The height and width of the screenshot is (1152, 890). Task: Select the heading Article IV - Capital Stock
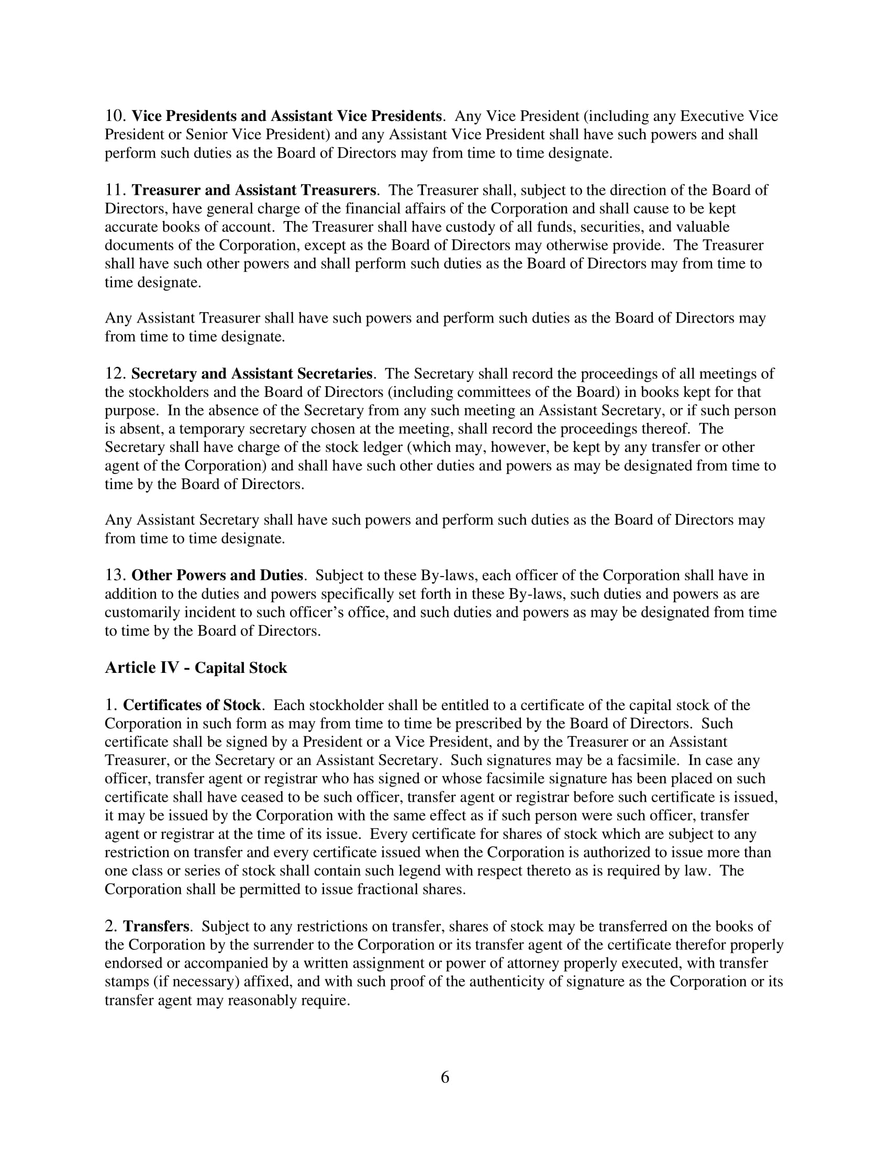(x=196, y=668)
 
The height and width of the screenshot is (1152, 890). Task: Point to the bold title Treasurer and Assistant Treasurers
(x=253, y=190)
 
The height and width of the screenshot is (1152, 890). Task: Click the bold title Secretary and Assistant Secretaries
(x=251, y=373)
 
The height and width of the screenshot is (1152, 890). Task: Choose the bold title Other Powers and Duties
(x=217, y=575)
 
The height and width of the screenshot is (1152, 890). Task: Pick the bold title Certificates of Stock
(x=192, y=705)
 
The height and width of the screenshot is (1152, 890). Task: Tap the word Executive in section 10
(x=712, y=116)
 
